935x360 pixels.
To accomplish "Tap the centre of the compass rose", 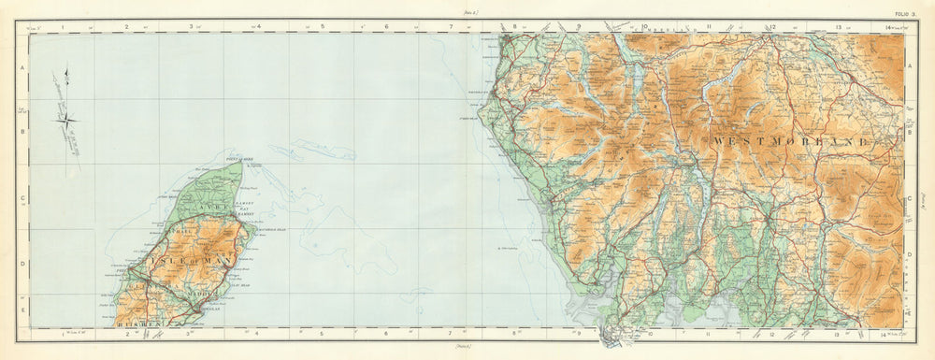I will pos(70,117).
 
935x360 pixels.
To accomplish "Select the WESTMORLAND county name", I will pos(791,140).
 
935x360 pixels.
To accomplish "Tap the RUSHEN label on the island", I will pos(139,323).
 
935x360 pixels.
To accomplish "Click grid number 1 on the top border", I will pos(62,28).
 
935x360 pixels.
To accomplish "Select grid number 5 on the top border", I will pos(322,28).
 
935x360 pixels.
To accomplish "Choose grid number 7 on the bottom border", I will pos(451,333).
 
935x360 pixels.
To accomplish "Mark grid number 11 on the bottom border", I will pos(710,333).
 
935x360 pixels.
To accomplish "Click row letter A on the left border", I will pos(22,69).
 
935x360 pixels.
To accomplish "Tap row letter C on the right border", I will pos(910,199).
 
